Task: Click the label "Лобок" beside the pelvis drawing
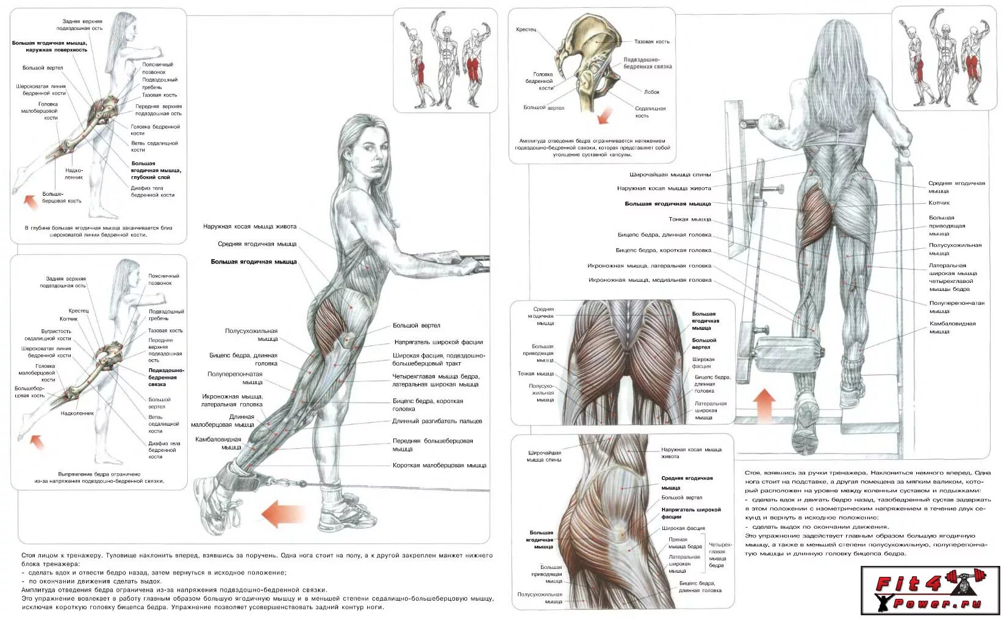coord(651,92)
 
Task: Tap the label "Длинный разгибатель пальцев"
coord(437,421)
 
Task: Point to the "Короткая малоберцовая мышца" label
coord(439,465)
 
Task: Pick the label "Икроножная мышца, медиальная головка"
coord(650,280)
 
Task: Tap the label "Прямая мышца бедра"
coord(686,543)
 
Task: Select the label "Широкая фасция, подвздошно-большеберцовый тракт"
coord(439,359)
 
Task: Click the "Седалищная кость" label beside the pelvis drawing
coord(650,112)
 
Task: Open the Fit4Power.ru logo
coord(930,590)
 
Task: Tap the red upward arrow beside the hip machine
coord(764,404)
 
